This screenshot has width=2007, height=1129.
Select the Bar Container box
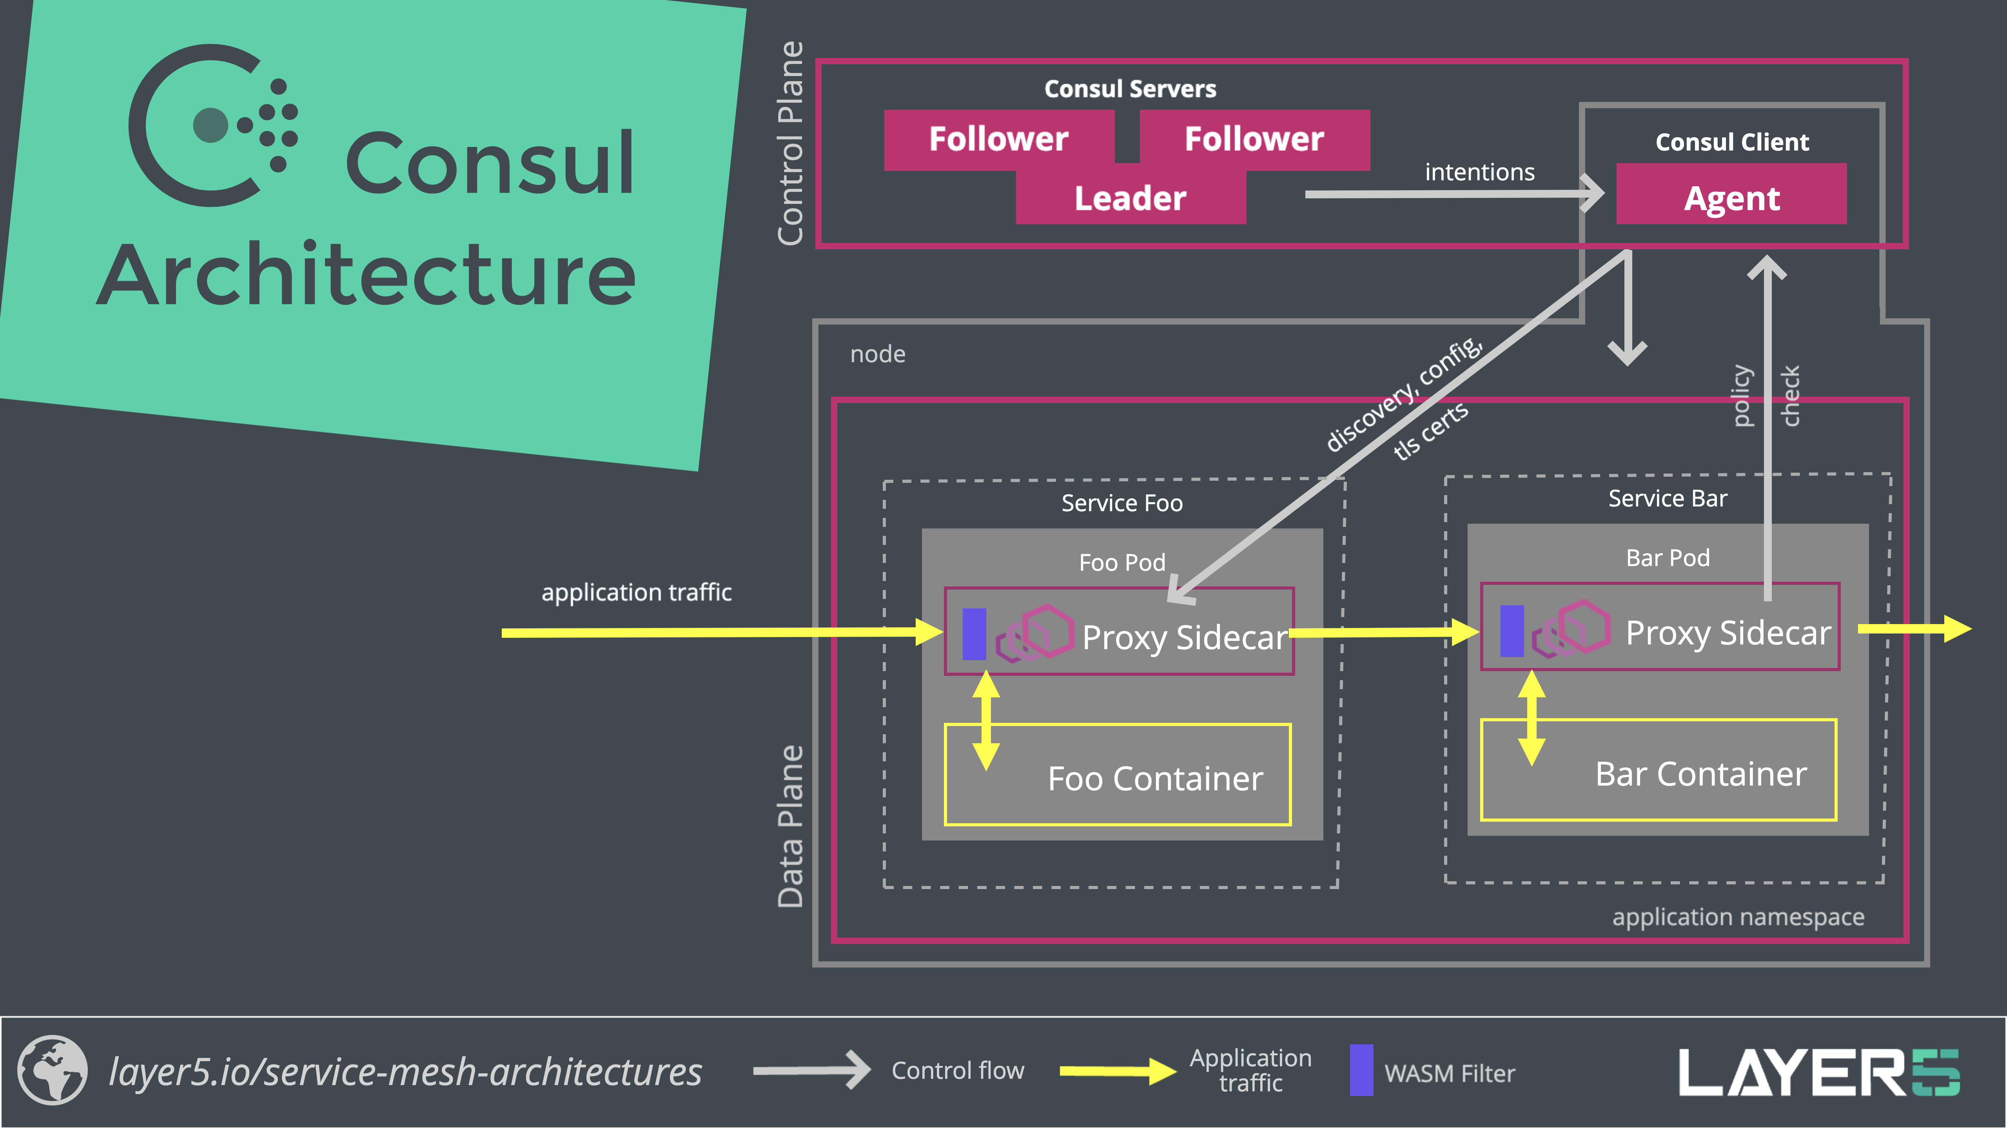pyautogui.click(x=1658, y=770)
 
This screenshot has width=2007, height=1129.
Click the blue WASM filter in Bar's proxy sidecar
pyautogui.click(x=1512, y=630)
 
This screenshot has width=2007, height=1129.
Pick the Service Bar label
pyautogui.click(x=1667, y=499)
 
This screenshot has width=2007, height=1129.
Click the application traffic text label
pyautogui.click(x=637, y=592)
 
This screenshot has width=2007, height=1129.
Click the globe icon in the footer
pyautogui.click(x=52, y=1071)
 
